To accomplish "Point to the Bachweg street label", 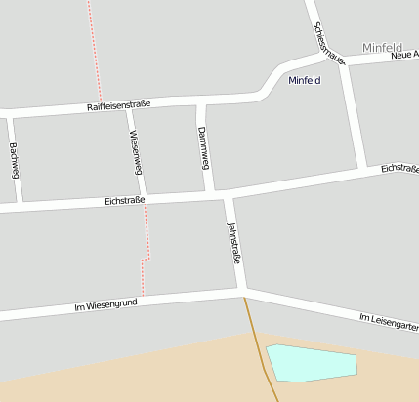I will click(14, 160).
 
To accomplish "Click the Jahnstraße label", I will click(233, 244).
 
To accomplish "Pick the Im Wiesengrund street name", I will click(105, 305).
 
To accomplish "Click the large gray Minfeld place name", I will click(381, 48).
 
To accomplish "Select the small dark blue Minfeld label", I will click(305, 80).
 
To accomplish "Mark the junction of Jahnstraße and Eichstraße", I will click(228, 195).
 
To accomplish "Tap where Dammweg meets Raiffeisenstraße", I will click(201, 101).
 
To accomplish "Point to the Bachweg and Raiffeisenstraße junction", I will click(9, 113).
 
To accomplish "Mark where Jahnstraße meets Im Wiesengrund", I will click(241, 291).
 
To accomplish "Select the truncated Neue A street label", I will click(403, 56).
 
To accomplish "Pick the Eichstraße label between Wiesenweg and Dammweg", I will click(124, 201).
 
